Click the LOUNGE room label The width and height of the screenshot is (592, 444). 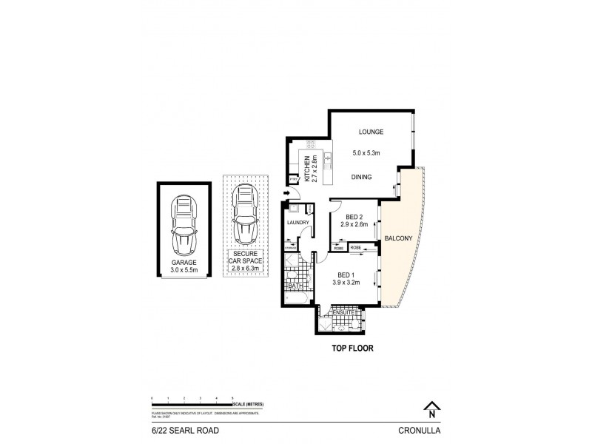pyautogui.click(x=371, y=132)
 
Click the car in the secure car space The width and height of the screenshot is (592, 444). pyautogui.click(x=245, y=215)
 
